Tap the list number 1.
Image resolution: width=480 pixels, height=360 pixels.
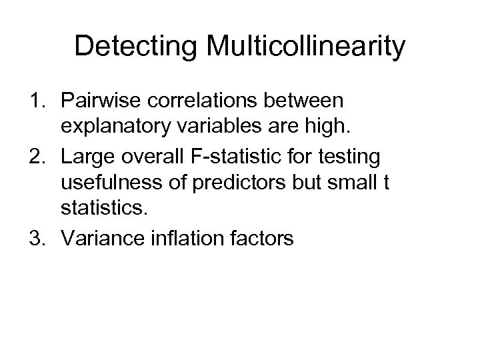click(37, 103)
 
